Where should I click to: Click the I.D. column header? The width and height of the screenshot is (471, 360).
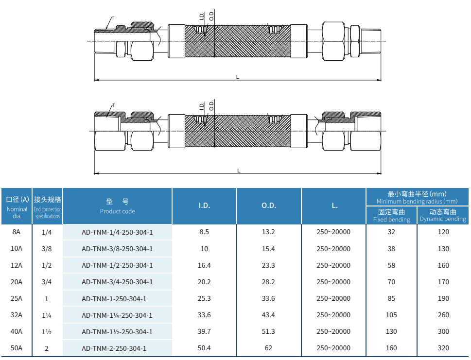[204, 206]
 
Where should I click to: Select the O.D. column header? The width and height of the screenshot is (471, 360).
[269, 206]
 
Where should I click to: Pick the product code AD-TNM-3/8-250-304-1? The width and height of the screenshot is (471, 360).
[117, 249]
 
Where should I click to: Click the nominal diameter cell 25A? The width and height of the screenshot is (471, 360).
[17, 298]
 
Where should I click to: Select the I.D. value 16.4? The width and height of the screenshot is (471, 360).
[204, 265]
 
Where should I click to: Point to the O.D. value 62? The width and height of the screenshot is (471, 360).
[268, 348]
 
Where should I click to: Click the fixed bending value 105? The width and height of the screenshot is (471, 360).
[391, 315]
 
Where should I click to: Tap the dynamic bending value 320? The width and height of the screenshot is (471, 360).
[443, 348]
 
